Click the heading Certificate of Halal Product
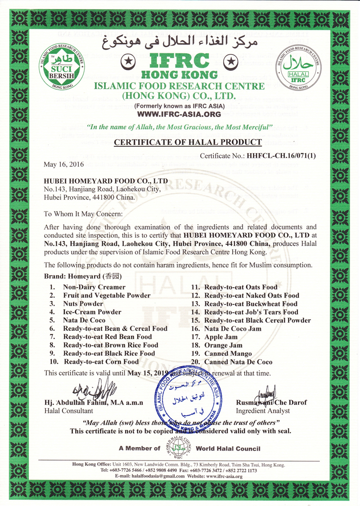pos(188,143)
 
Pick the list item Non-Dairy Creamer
pos(94,287)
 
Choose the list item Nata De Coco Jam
pos(233,329)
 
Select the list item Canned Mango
pos(228,353)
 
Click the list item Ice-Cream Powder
pos(92,312)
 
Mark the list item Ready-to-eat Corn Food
pos(101,361)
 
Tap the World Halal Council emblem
pos(181,447)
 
